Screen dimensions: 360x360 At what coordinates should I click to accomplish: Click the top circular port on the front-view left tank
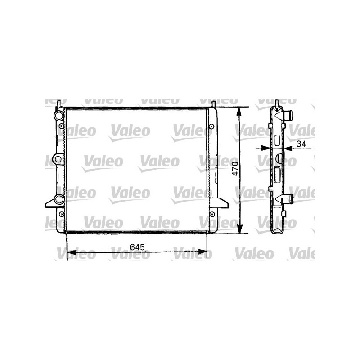pos(58,116)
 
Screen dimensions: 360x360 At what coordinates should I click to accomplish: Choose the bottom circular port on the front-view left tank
pos(58,200)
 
